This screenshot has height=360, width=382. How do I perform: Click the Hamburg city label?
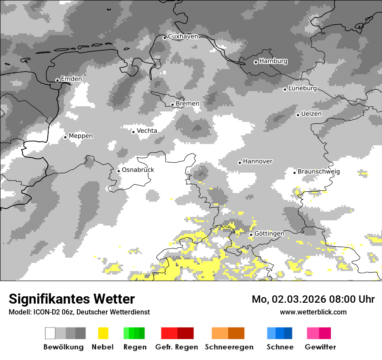coord(273,61)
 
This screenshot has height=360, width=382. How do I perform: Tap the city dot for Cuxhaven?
coord(165,38)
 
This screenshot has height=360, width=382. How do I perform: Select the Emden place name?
coord(71,79)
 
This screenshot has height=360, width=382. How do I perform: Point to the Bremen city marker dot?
coord(172,105)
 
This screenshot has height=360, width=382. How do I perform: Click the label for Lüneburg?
coord(303,88)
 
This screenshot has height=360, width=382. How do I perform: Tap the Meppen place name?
coord(81,136)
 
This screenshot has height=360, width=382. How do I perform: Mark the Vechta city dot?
coord(134,132)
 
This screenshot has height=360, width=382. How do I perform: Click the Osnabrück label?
coord(138,170)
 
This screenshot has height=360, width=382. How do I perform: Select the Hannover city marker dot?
coord(240,163)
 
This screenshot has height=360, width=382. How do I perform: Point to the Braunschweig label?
coord(319,171)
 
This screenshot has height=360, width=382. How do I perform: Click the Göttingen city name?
coord(269,233)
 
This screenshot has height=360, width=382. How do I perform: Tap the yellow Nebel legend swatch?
coord(103,333)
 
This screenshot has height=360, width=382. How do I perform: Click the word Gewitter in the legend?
coord(320,347)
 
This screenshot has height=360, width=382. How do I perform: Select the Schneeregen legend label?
coord(229,347)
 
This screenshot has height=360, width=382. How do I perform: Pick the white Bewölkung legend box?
coord(50,333)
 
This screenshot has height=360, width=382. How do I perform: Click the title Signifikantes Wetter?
coord(72,299)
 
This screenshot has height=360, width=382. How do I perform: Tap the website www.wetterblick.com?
coord(313,312)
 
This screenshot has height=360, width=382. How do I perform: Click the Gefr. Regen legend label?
coord(176,347)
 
